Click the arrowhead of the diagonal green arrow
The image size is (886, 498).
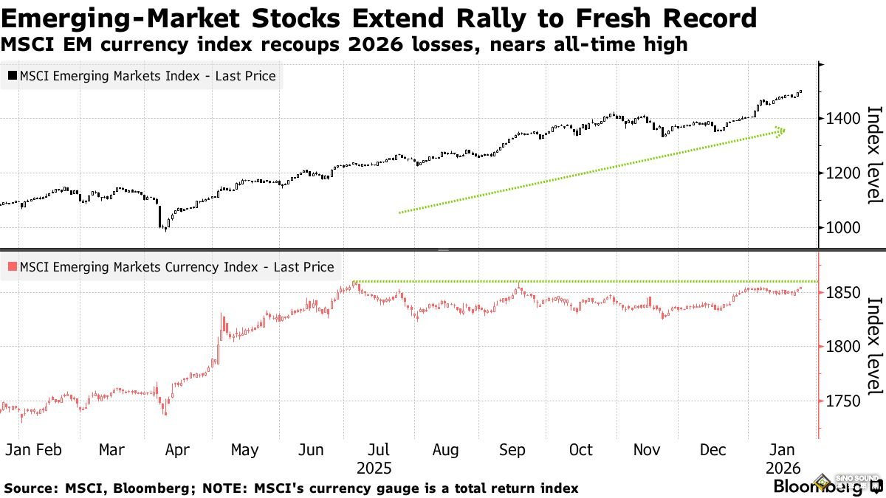pyautogui.click(x=780, y=131)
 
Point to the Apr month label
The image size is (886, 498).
pyautogui.click(x=177, y=450)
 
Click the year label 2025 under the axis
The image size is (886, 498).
pyautogui.click(x=375, y=468)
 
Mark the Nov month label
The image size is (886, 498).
pyautogui.click(x=648, y=450)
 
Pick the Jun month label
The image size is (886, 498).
pyautogui.click(x=312, y=450)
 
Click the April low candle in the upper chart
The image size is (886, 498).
pyautogui.click(x=165, y=229)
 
